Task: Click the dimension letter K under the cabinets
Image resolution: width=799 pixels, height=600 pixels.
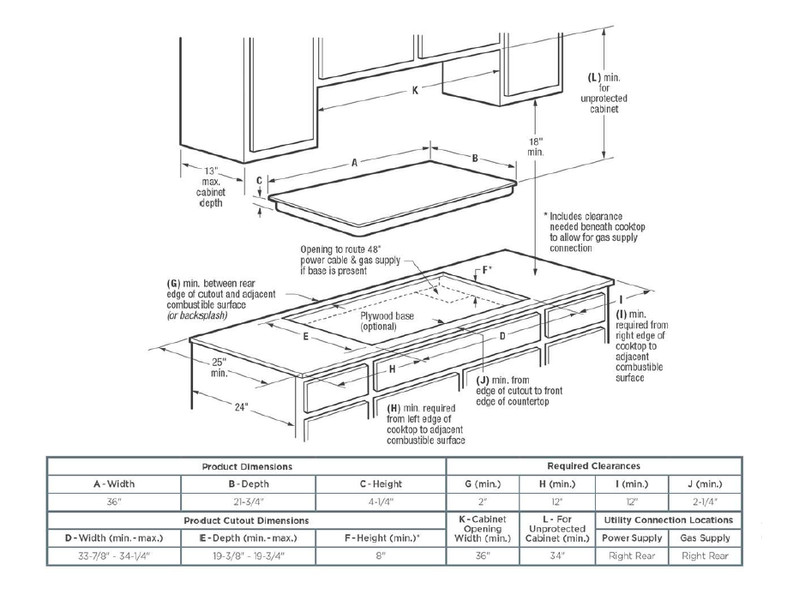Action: coord(415,91)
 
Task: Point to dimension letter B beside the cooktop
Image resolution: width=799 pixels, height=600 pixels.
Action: coord(474,158)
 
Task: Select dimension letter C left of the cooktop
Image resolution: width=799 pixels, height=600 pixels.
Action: coord(259,181)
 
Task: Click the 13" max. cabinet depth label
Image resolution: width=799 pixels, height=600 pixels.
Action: coord(210,186)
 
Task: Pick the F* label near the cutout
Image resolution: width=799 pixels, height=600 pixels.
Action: coord(487,270)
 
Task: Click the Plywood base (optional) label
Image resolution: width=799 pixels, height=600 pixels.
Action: coord(388,321)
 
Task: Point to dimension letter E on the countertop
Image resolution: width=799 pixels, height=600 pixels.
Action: coord(305,337)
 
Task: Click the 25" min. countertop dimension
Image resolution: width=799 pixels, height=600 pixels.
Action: coord(220,366)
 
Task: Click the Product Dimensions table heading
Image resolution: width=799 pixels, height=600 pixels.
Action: coord(247,466)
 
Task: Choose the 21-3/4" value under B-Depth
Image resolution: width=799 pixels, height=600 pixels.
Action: coord(247,502)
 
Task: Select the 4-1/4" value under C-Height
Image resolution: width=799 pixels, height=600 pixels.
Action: coord(381,502)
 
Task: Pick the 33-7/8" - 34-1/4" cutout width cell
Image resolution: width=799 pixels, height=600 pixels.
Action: coord(114,556)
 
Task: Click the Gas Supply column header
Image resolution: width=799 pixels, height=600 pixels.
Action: coord(705,538)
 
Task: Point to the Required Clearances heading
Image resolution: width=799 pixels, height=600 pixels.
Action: coord(593,466)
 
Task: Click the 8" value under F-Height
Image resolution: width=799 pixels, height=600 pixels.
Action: coord(381,556)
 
